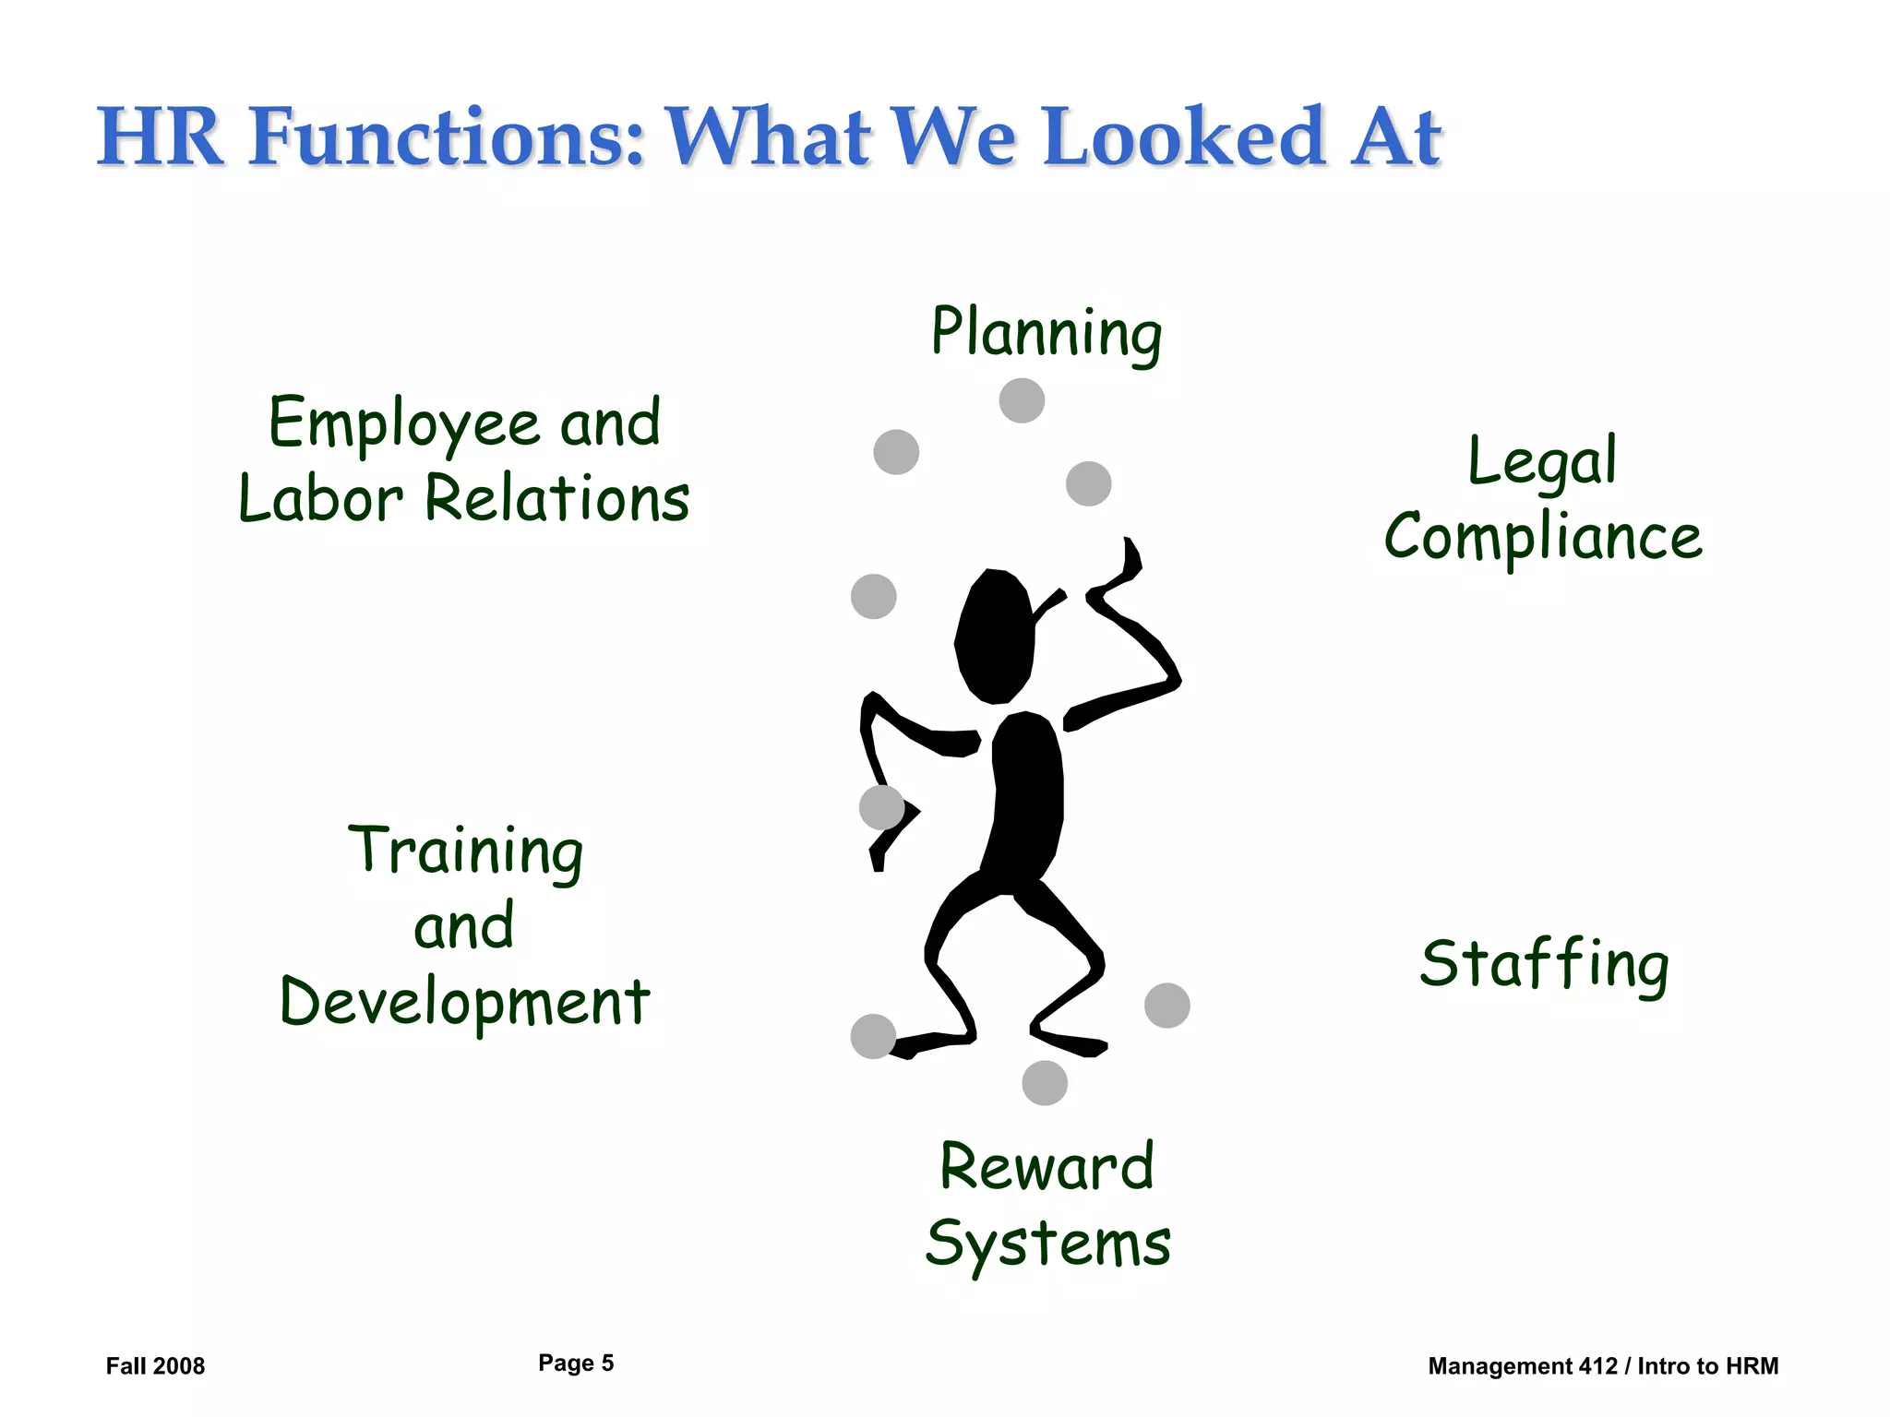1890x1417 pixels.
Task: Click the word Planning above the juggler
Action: (1046, 333)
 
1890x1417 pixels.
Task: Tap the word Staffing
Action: (1544, 964)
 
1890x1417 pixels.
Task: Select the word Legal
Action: (1542, 460)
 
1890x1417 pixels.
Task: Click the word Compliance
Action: (1543, 537)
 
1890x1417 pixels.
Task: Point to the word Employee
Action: (403, 423)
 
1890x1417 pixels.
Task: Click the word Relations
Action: (556, 499)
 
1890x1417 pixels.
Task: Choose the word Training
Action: (465, 850)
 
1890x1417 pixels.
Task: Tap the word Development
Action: (465, 1003)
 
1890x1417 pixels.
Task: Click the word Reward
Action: (1047, 1167)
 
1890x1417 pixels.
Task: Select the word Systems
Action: (1047, 1244)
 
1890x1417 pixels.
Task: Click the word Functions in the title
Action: (447, 137)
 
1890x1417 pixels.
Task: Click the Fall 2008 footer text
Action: (155, 1366)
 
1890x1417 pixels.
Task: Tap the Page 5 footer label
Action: (576, 1363)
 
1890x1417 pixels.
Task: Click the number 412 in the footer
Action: (1598, 1366)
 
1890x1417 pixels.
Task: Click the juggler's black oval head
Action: (994, 637)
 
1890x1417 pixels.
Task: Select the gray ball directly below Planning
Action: (1022, 400)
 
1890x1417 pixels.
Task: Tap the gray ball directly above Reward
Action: (1045, 1083)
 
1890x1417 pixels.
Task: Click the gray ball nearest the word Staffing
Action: (1166, 1006)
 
